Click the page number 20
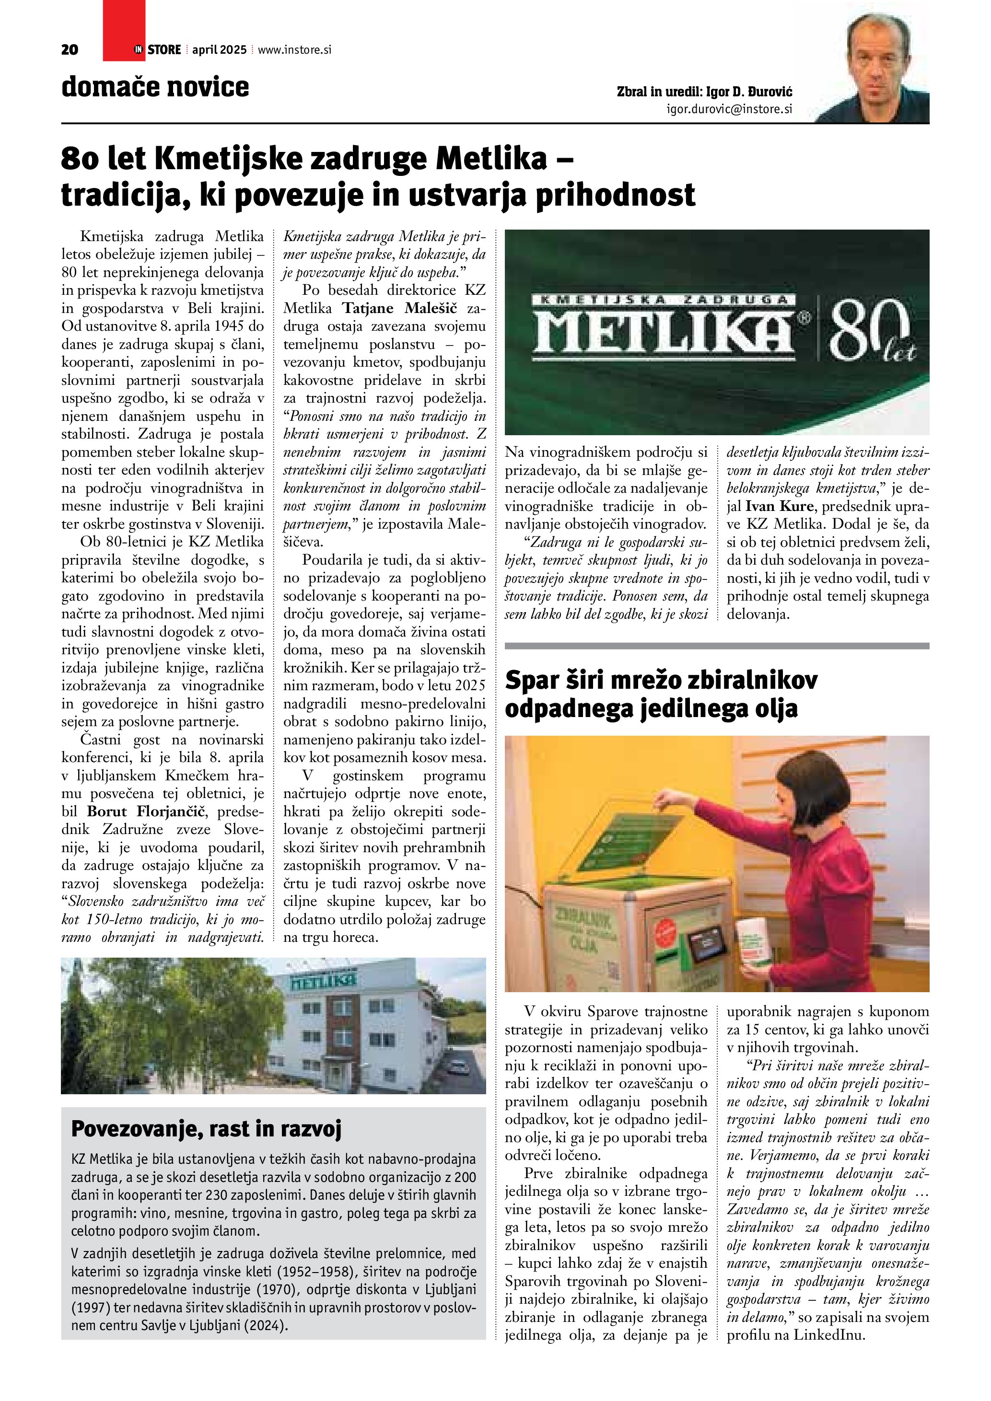coord(70,50)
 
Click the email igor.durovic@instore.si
coord(729,109)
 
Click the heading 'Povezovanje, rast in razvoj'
coord(206,1129)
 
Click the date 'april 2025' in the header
coord(219,50)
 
